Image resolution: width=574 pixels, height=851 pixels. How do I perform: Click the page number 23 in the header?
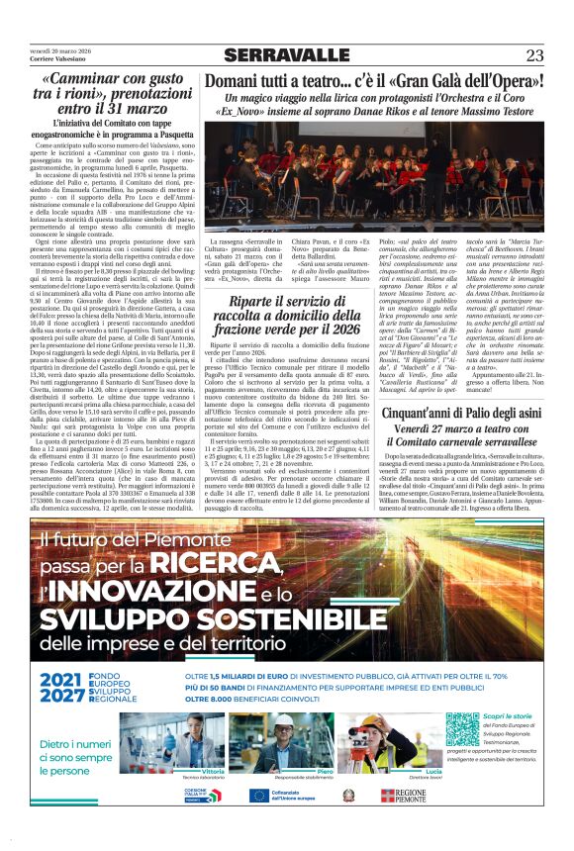534,54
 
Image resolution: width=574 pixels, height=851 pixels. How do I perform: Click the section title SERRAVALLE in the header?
286,54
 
